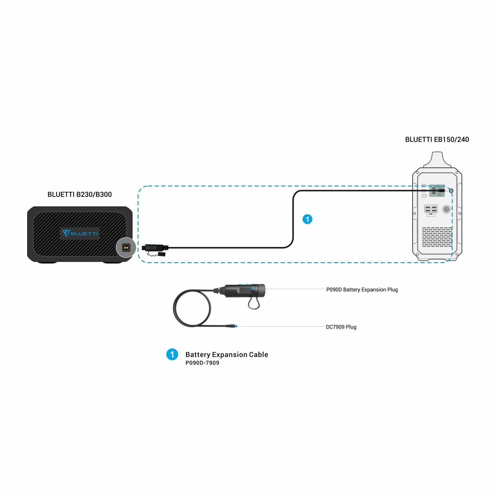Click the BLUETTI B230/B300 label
80,194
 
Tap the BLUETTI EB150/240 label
437,139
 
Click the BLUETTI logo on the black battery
80,233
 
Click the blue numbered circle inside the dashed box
307,219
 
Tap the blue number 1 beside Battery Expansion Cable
172,355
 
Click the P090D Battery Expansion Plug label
362,290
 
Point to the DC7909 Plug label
341,327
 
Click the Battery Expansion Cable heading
227,355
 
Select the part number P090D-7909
202,363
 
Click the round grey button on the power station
446,209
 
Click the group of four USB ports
431,209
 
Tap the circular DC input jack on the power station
451,191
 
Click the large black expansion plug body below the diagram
245,291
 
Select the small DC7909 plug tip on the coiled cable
232,326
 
